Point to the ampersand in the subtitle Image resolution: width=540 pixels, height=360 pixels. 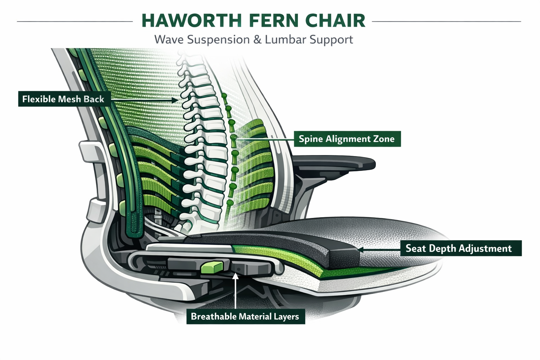pyautogui.click(x=257, y=39)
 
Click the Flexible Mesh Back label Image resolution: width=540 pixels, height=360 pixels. pyautogui.click(x=64, y=99)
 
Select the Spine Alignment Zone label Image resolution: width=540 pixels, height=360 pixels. pyautogui.click(x=347, y=139)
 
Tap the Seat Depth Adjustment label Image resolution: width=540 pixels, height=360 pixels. pyautogui.click(x=459, y=248)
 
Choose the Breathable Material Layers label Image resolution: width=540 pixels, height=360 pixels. pyautogui.click(x=245, y=316)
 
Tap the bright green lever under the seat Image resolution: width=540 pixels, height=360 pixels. pyautogui.click(x=212, y=267)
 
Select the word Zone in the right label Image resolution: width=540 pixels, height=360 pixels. pyautogui.click(x=384, y=139)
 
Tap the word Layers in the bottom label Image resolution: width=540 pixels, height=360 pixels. pyautogui.click(x=286, y=316)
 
